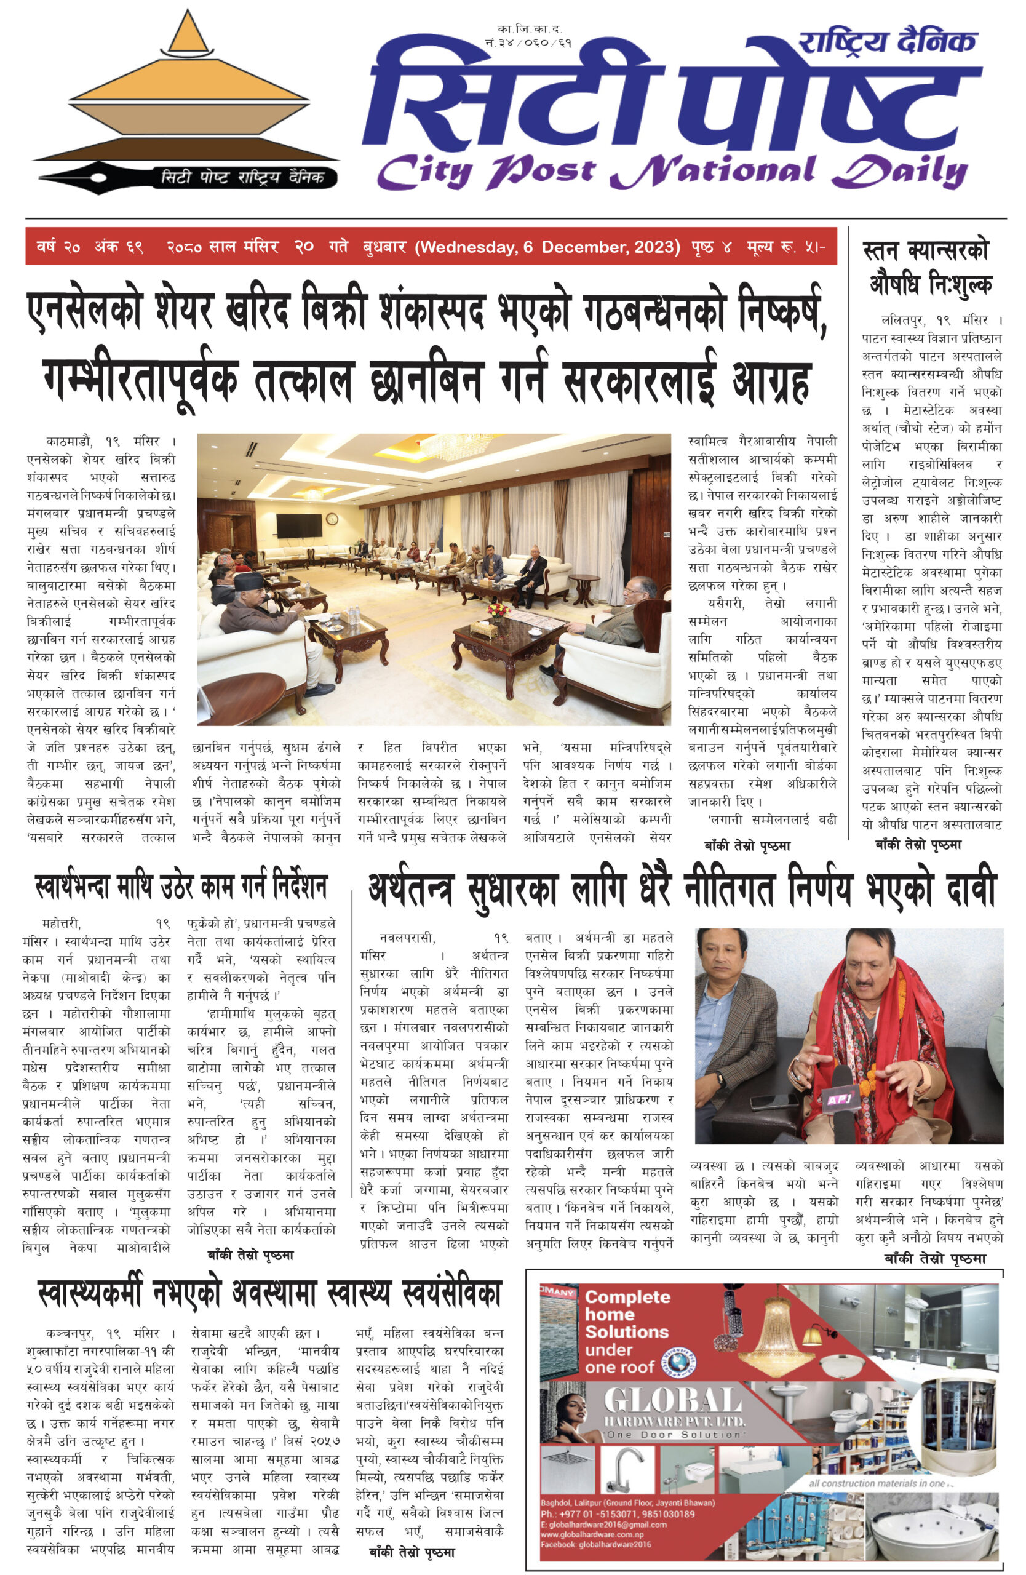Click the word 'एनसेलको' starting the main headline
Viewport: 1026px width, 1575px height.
click(x=84, y=311)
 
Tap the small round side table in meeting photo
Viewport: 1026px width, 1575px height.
click(x=584, y=588)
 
